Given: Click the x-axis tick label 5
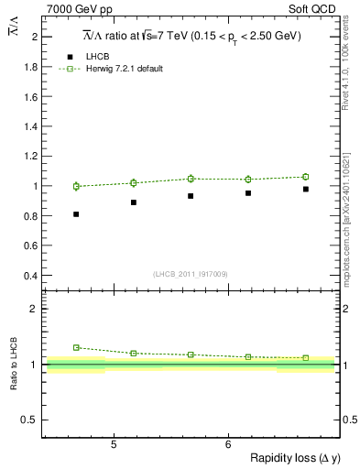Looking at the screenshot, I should (x=113, y=445).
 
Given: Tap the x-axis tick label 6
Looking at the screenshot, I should (x=227, y=445).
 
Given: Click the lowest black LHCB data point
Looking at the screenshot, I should (x=76, y=214).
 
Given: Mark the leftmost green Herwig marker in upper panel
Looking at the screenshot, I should (x=76, y=186).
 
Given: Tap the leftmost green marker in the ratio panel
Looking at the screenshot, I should (x=76, y=347).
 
